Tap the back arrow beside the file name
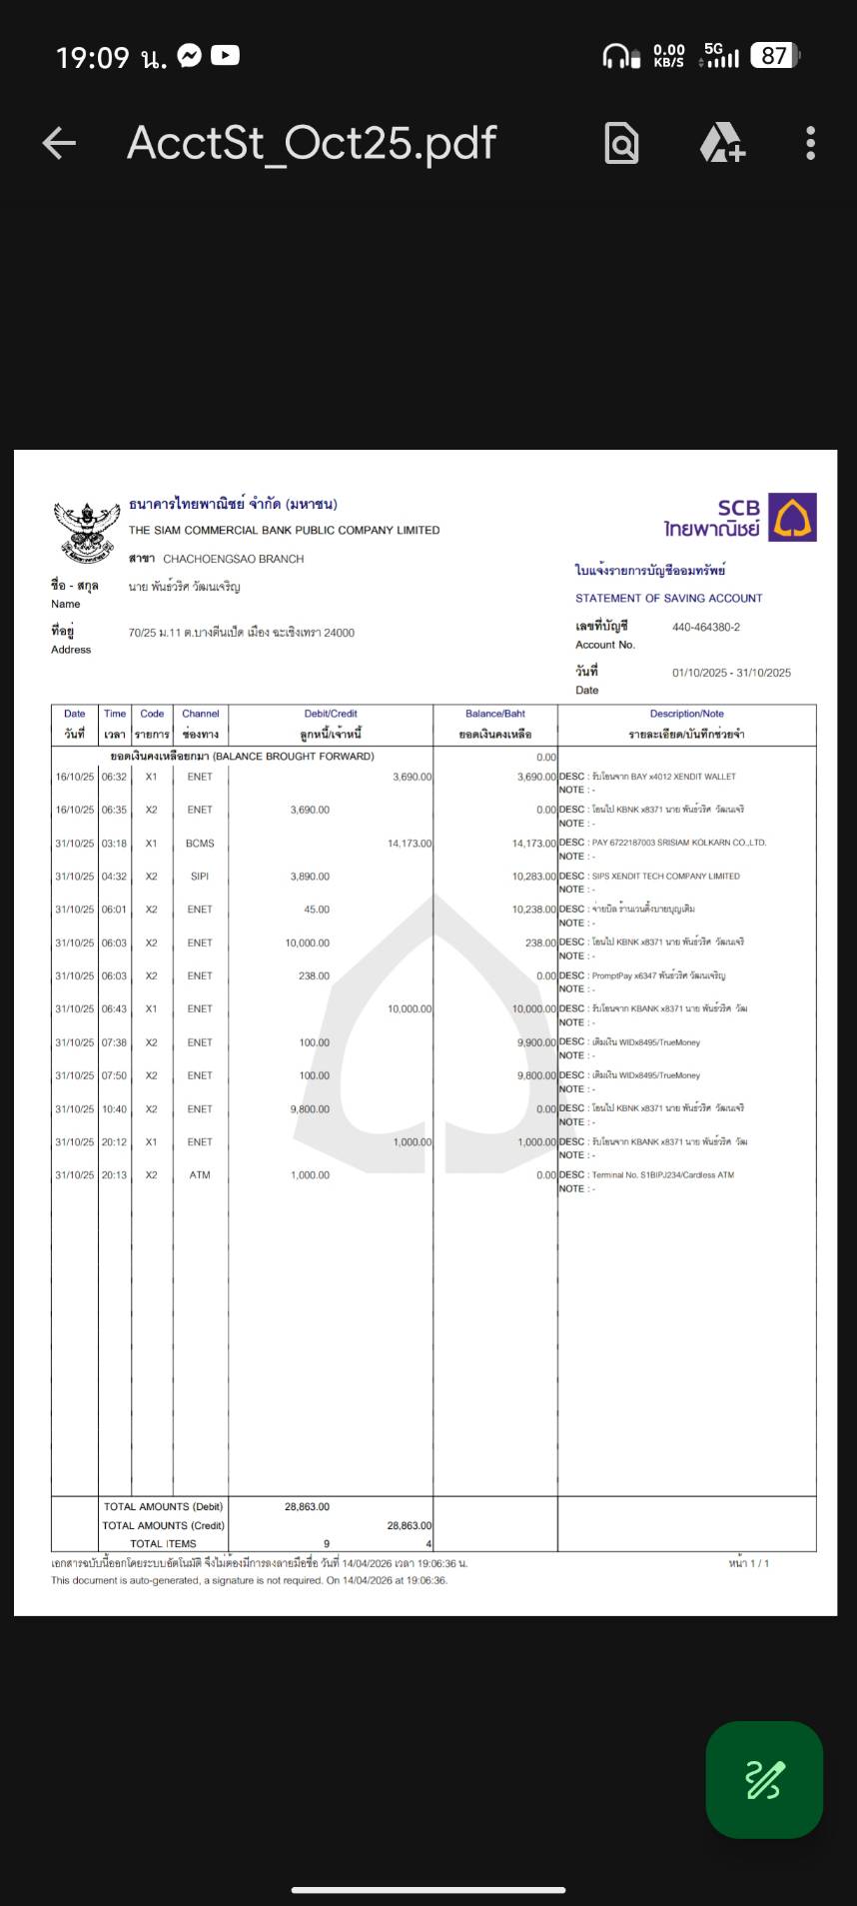point(59,144)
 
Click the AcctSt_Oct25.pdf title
point(312,143)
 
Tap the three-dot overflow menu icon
point(810,144)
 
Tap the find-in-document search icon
point(621,144)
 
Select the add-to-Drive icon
point(721,144)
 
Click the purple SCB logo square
point(792,518)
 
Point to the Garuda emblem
point(86,531)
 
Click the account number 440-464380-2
point(706,628)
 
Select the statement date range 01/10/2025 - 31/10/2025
point(731,673)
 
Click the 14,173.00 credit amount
point(410,844)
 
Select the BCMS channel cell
point(200,844)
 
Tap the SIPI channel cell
point(200,877)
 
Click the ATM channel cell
point(200,1175)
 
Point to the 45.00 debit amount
point(317,910)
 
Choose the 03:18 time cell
point(114,844)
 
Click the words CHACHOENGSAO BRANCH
point(233,559)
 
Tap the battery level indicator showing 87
point(775,56)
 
